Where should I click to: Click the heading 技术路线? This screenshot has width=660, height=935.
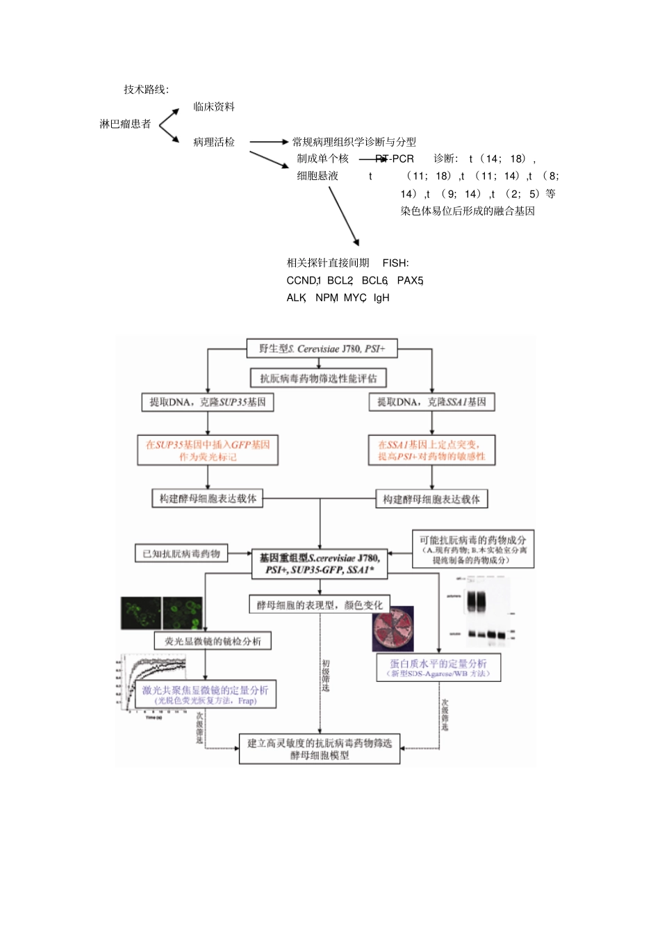145,90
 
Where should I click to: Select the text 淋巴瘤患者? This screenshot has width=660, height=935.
125,124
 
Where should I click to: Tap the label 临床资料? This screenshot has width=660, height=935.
214,107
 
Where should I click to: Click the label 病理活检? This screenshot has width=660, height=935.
214,143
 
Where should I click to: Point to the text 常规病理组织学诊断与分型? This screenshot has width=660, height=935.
354,143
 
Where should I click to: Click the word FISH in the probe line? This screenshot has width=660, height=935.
395,263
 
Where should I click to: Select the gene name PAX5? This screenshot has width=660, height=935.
409,281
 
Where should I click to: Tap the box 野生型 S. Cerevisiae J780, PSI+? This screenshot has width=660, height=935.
322,349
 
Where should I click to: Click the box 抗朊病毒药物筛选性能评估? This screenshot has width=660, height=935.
318,378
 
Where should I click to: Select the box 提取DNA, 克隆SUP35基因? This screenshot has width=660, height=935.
208,403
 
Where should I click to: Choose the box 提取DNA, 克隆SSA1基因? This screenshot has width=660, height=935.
431,403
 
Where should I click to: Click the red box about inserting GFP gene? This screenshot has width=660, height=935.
208,450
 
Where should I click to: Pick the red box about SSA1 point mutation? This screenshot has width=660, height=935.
431,450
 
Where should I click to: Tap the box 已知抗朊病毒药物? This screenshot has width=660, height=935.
181,554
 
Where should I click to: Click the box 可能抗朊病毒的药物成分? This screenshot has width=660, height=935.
472,549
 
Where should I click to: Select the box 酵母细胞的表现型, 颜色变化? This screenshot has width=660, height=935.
320,605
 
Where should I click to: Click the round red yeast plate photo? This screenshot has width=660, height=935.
393,629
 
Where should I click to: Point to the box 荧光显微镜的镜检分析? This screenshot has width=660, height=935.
213,641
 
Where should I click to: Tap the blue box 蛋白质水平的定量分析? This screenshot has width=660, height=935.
438,667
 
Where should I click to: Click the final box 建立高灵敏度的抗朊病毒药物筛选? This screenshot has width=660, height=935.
320,749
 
